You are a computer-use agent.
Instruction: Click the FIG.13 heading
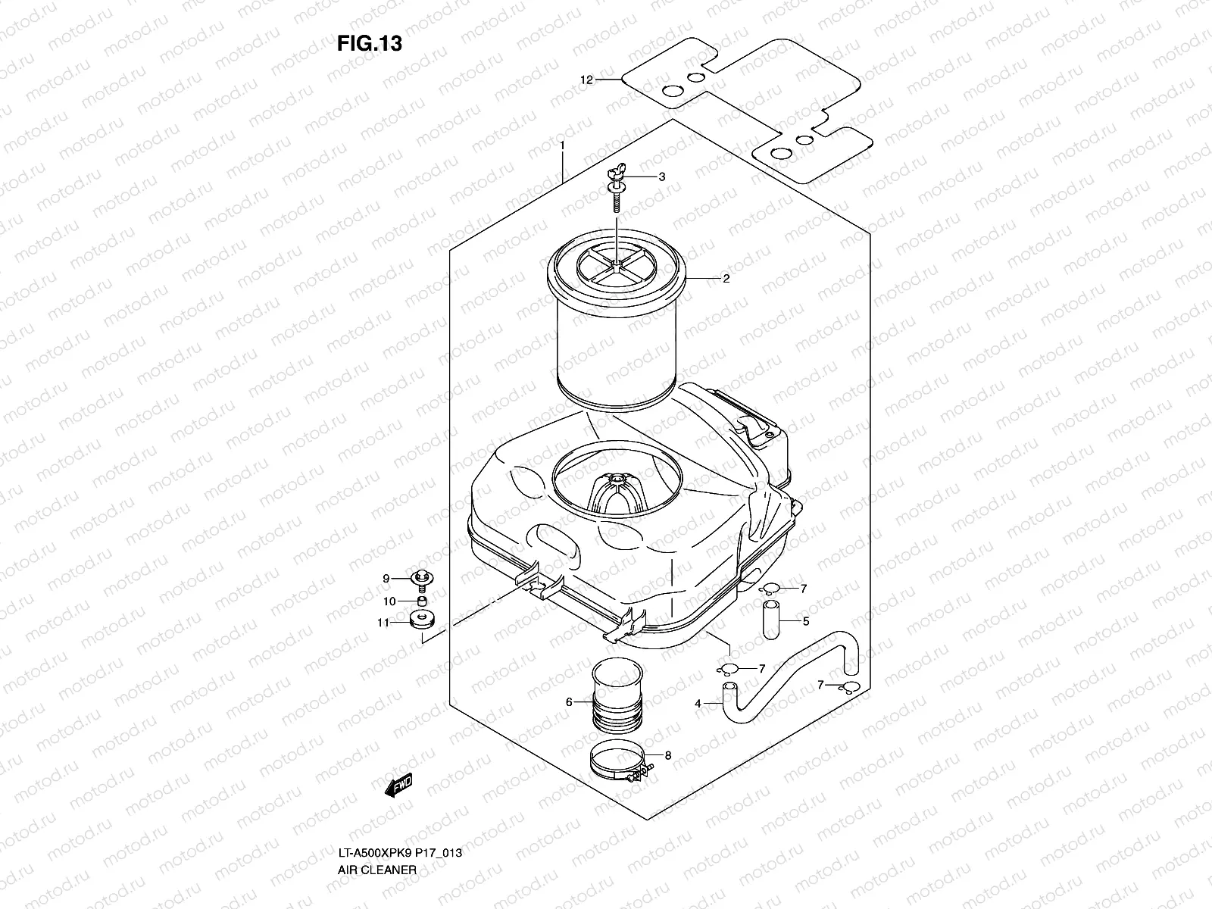coord(369,44)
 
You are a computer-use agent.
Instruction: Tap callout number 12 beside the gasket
coord(586,80)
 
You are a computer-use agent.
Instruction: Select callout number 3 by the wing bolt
coord(661,176)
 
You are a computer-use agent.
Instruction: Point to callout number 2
coord(726,279)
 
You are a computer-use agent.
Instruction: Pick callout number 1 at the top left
coord(562,144)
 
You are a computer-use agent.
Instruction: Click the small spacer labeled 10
coord(421,601)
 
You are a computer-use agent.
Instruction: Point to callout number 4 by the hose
coord(698,704)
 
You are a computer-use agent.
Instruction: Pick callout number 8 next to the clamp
coord(667,754)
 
